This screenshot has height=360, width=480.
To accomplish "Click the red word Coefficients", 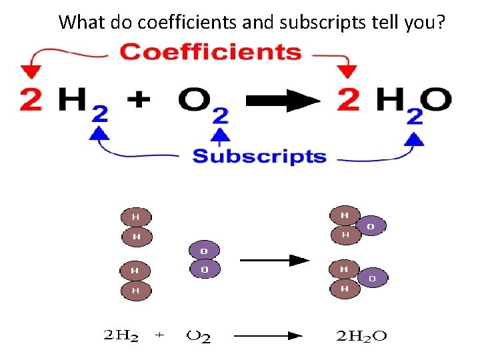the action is point(210,52).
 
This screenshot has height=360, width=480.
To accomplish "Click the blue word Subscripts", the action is point(259,157).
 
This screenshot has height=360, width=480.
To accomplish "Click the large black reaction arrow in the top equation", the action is point(283,101).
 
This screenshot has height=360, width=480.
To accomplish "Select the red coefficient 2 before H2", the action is point(31,100).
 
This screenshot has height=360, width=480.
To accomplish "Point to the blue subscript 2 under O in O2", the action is point(219,117).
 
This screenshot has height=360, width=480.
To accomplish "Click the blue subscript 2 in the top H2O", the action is point(414,117).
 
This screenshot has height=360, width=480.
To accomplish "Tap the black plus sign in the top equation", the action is point(139,101).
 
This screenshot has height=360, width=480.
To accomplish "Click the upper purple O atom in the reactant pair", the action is point(204,251).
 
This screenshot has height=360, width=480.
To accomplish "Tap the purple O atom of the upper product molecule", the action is point(371,227).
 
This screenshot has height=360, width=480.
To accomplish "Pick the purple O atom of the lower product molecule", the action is point(372,277).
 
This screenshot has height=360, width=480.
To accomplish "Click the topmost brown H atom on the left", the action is point(136,217).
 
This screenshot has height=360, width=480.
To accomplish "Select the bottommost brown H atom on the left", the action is point(136,290).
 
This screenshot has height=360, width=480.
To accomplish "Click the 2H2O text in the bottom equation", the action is point(359,337).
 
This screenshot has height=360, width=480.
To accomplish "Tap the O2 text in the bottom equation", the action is point(199,337).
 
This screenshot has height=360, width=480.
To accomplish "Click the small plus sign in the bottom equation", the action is point(159,337).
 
